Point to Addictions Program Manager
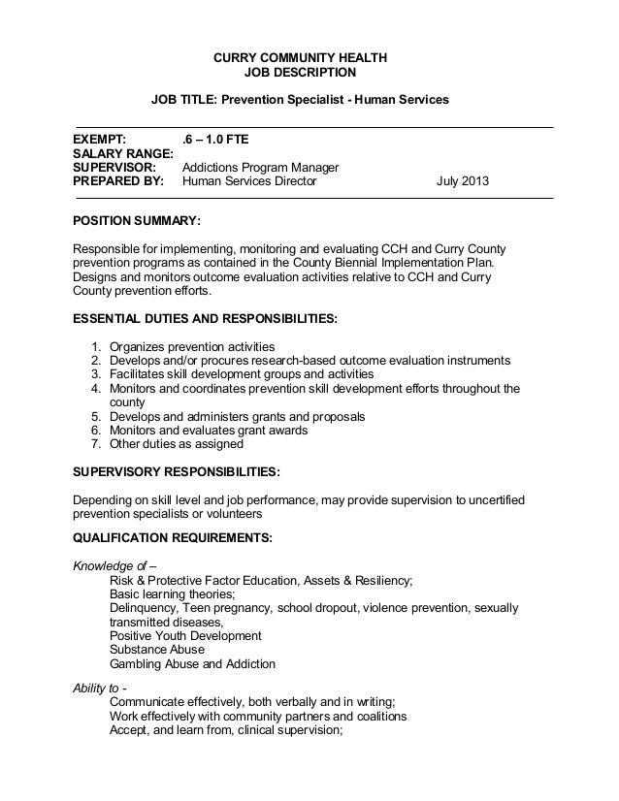(260, 167)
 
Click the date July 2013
(463, 181)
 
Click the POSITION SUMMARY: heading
(138, 221)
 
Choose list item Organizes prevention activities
(192, 346)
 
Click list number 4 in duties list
(96, 389)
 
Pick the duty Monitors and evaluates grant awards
(209, 431)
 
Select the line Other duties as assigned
(177, 444)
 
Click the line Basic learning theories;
(173, 594)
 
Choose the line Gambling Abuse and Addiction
(192, 664)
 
